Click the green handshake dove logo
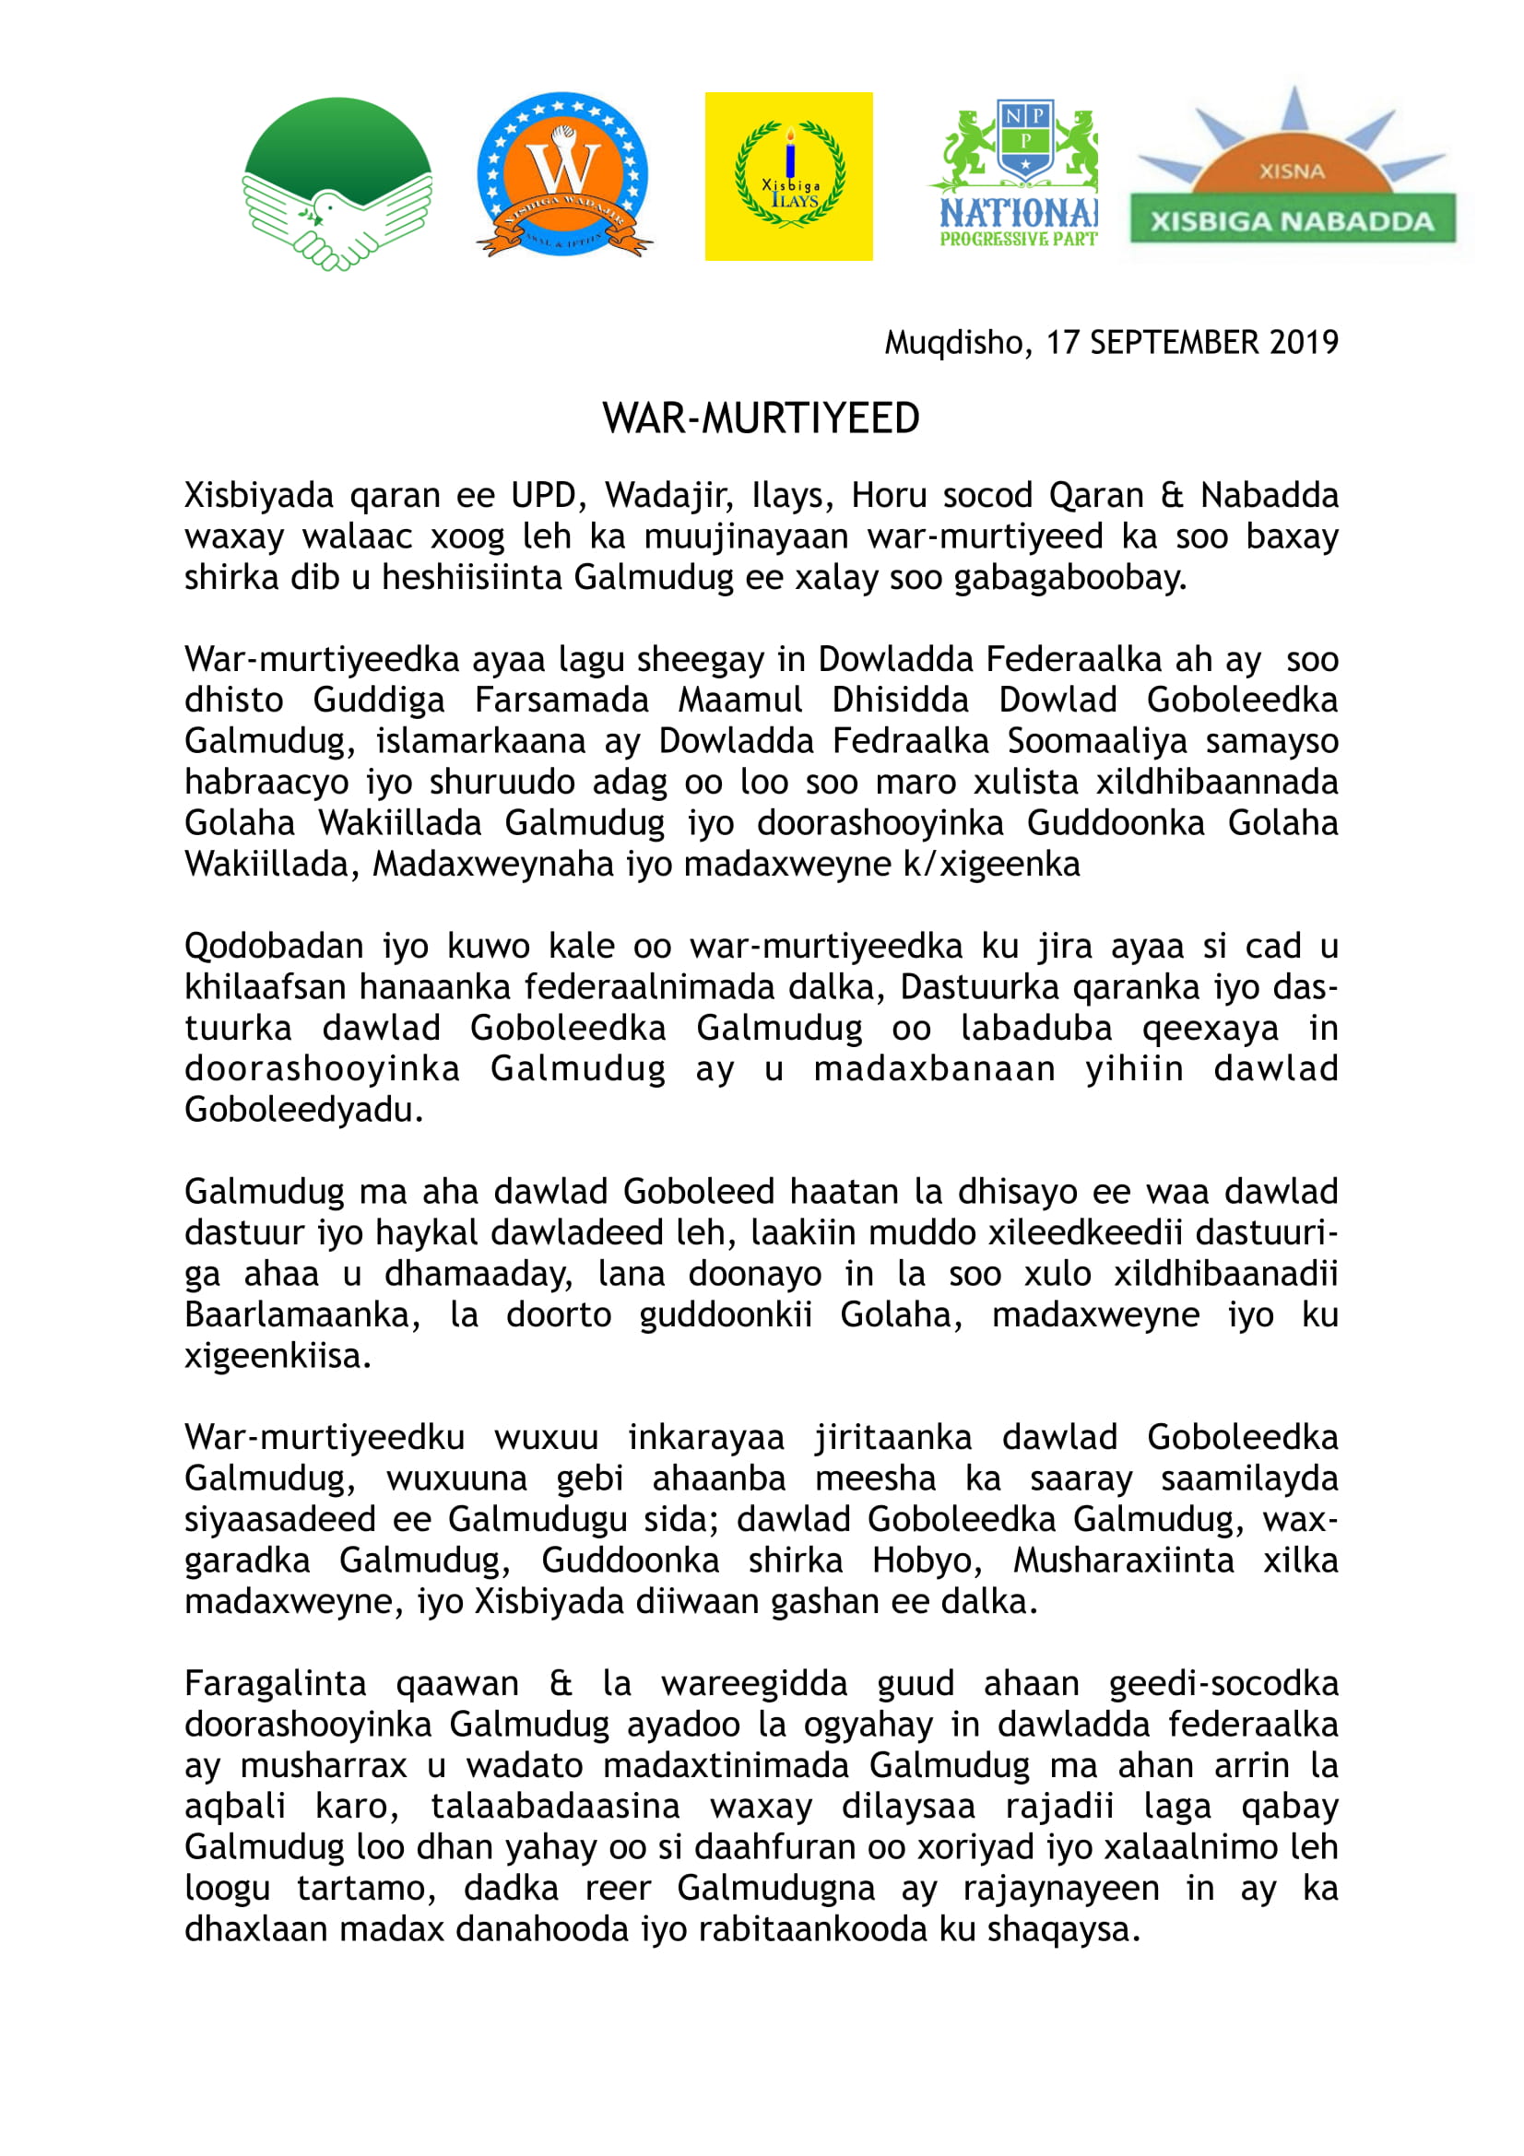click(337, 183)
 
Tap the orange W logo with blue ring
click(563, 174)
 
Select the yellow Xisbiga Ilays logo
click(789, 176)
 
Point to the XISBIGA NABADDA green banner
click(1292, 221)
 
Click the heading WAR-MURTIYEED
click(761, 418)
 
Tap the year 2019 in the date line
click(1304, 343)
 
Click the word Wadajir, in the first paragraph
click(668, 495)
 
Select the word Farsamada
click(561, 700)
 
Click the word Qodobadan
click(273, 946)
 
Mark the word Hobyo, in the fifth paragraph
click(927, 1560)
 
